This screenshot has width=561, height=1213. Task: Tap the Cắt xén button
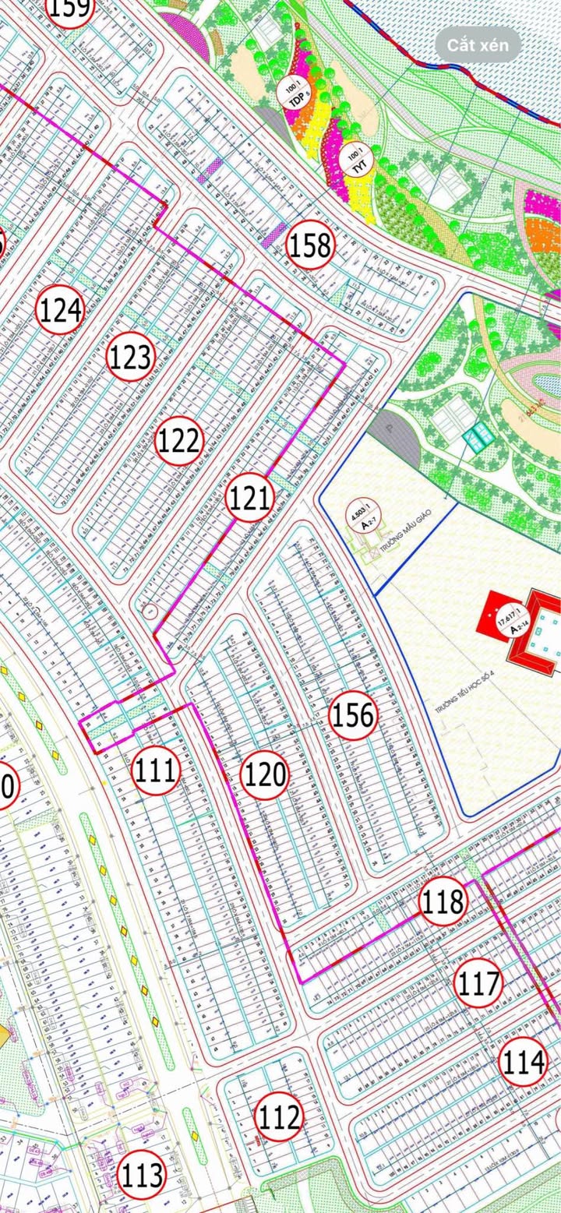click(x=478, y=45)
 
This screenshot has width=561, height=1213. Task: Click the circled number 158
click(x=310, y=245)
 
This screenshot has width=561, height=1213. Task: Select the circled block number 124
click(x=60, y=311)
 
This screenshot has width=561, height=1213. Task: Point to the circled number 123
click(x=130, y=358)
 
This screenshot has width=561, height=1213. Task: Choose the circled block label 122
click(x=179, y=442)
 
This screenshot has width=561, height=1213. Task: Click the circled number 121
click(x=249, y=498)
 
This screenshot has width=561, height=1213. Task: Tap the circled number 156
click(x=354, y=714)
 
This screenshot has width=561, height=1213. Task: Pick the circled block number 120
click(x=265, y=775)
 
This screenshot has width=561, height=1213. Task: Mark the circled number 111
click(x=157, y=770)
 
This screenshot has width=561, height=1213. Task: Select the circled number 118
click(x=443, y=901)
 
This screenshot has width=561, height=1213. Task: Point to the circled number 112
click(x=280, y=1118)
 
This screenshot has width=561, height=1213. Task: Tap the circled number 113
click(x=143, y=1174)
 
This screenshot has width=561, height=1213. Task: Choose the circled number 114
click(x=524, y=1062)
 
